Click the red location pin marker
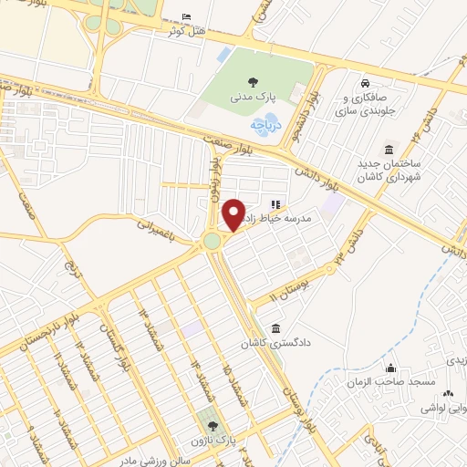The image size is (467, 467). coord(233,213)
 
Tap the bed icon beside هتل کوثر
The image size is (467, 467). coord(187,17)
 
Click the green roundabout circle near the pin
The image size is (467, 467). coord(213,240)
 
